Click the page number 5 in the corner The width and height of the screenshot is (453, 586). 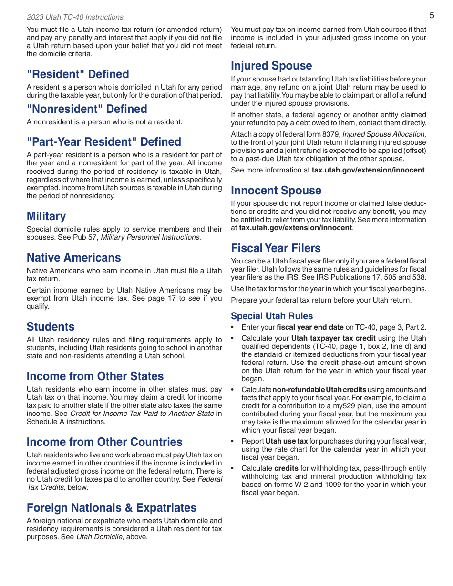432,15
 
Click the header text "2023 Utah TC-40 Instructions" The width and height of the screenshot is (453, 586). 75,17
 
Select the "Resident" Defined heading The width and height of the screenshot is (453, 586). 78,74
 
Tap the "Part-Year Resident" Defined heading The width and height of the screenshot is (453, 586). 103,142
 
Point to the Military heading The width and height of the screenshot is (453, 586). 46,216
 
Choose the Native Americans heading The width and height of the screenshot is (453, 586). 73,258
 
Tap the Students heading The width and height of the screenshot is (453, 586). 51,327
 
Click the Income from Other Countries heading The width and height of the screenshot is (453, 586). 104,442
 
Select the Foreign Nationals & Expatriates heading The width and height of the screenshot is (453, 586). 111,508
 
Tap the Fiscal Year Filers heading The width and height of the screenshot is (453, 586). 276,248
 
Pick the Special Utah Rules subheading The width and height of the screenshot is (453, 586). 272,316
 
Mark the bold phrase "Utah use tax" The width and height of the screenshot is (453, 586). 286,441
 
